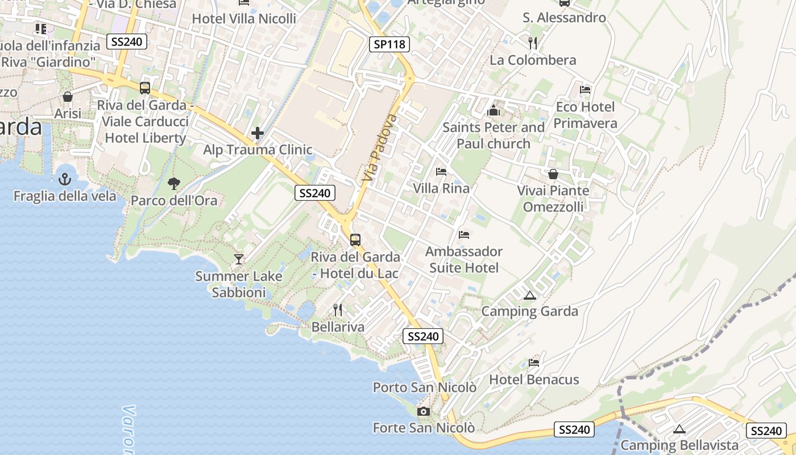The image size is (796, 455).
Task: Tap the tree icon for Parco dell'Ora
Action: pos(174,183)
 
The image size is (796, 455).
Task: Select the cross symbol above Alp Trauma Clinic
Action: pos(258,133)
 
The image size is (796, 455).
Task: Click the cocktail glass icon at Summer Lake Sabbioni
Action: pos(239,259)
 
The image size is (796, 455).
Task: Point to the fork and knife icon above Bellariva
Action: pos(338,310)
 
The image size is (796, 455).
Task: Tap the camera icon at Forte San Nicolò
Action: pos(423,411)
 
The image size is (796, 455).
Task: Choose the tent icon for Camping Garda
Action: pos(530,295)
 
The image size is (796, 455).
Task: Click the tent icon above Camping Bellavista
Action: pos(679,429)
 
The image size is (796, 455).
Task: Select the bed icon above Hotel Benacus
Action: pos(533,362)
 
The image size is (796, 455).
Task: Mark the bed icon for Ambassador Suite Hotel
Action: pos(464,234)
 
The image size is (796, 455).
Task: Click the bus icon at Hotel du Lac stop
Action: pos(355,240)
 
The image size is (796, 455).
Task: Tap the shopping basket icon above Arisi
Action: pos(68,97)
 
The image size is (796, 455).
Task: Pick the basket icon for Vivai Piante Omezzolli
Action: pos(553,174)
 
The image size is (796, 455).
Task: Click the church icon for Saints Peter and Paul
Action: pos(493,110)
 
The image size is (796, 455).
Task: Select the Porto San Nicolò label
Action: pos(424,387)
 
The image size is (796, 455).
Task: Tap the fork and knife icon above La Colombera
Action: pos(533,43)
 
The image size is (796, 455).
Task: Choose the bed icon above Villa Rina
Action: pos(441,172)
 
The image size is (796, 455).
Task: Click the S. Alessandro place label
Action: pos(564,18)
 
